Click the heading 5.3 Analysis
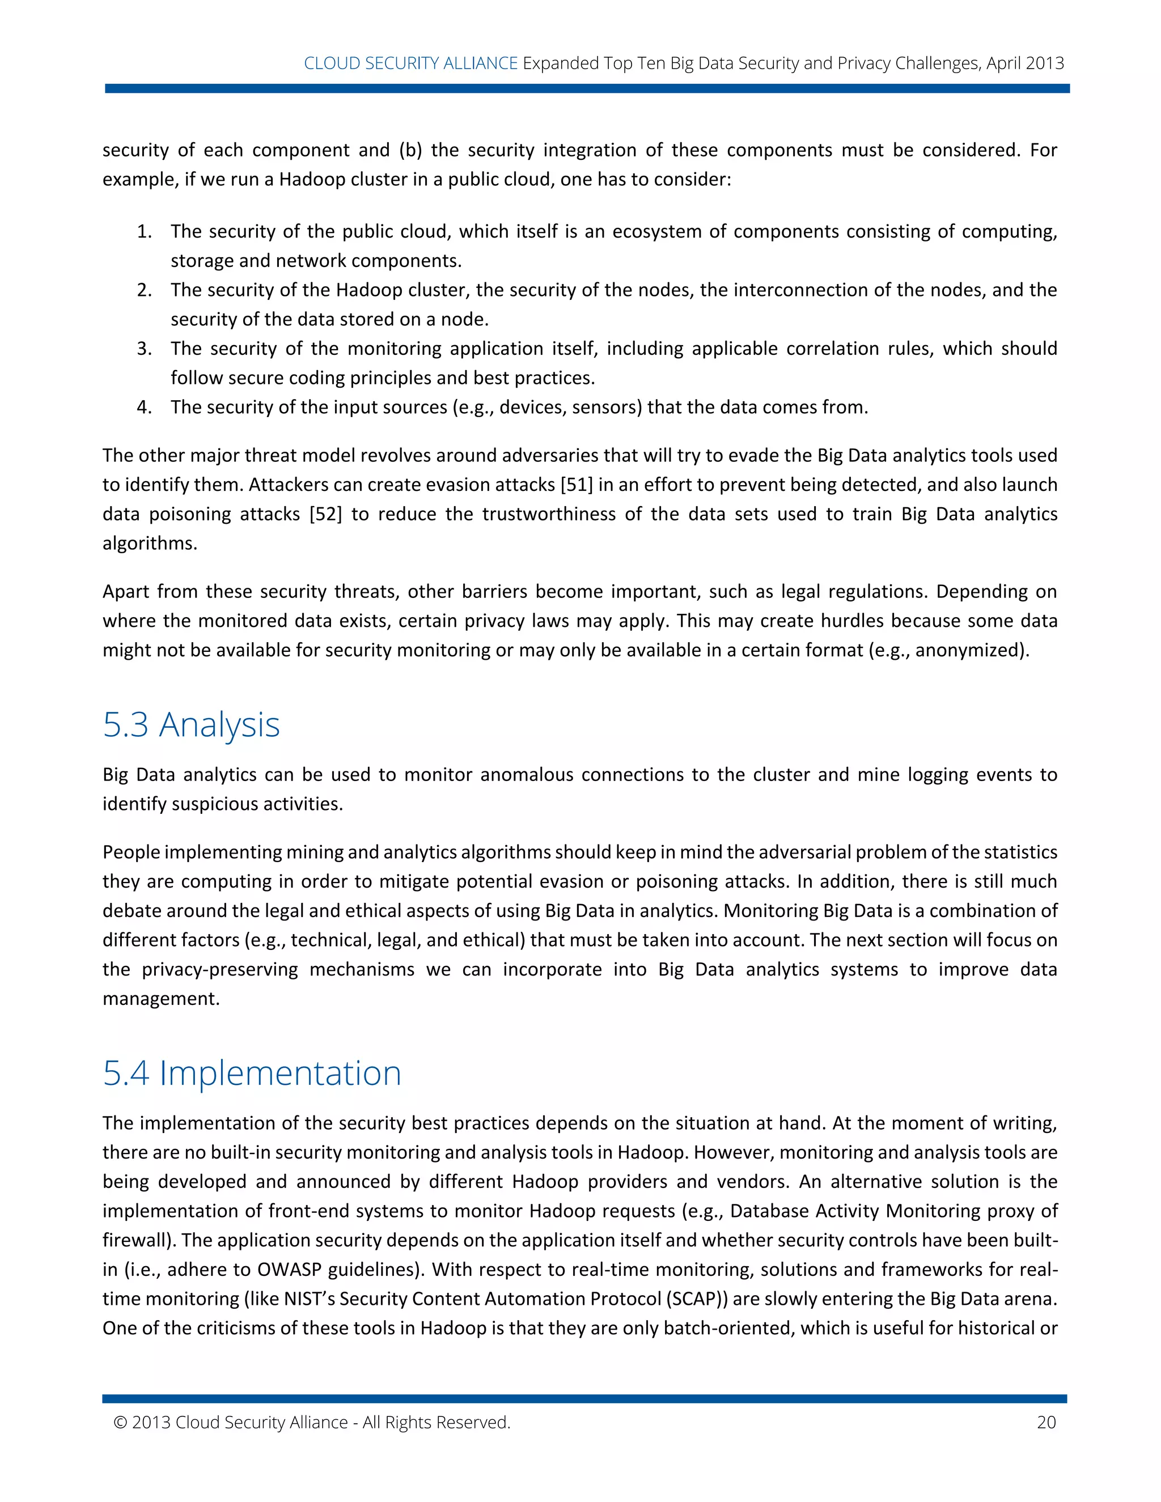[191, 725]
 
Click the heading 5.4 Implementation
[252, 1073]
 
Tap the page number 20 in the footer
[1045, 1422]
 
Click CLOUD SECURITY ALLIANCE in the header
[410, 63]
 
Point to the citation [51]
[577, 485]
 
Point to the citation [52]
[325, 515]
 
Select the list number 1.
[144, 232]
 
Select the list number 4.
[144, 407]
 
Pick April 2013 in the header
[1025, 63]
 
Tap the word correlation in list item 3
[832, 349]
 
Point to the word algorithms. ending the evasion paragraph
[150, 544]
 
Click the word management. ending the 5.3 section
[161, 999]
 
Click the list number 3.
[144, 349]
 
